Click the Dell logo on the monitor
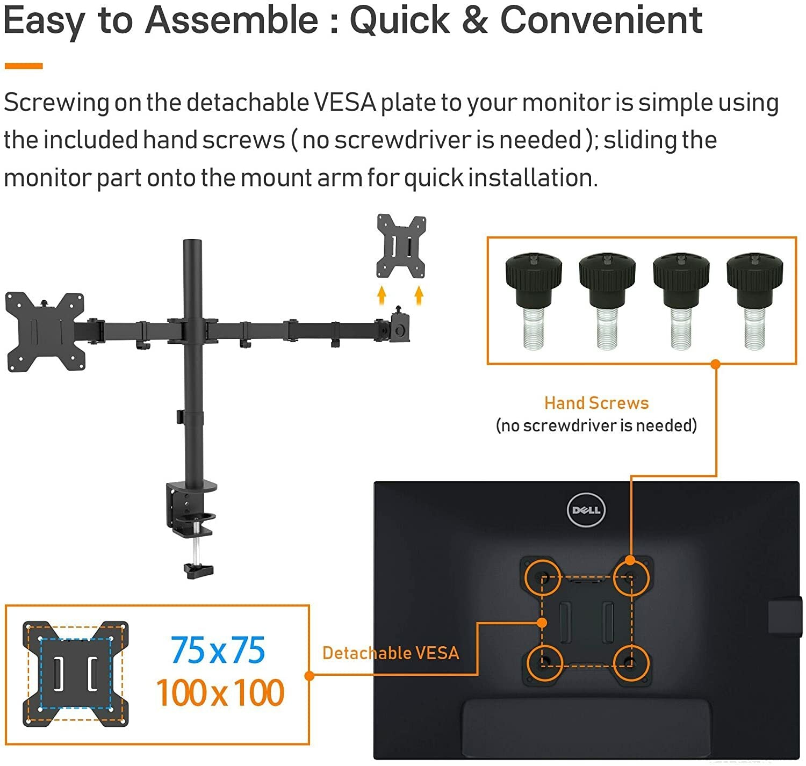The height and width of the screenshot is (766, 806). point(586,509)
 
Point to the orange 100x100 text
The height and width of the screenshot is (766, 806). point(220,692)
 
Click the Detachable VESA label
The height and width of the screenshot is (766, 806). point(390,653)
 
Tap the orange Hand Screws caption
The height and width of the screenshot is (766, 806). point(596,403)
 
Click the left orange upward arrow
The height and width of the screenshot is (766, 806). point(382,295)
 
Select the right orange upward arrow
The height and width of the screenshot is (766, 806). point(419,295)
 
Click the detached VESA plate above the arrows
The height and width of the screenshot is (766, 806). point(401,246)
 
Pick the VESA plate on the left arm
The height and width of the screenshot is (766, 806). point(45,331)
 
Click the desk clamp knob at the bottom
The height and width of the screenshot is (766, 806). point(198,570)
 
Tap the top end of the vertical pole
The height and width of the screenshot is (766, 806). point(192,241)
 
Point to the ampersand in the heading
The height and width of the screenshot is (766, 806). point(474,20)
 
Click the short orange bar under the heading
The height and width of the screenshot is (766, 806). point(24,66)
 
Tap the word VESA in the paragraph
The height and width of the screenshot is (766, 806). point(345,102)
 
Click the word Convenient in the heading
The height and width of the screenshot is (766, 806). point(601,20)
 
